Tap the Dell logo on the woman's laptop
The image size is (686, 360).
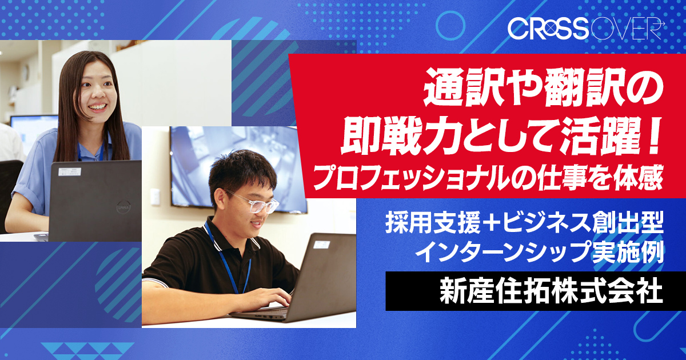tap(123, 207)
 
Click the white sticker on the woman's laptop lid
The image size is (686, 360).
tap(70, 172)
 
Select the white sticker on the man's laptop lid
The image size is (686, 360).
tap(321, 245)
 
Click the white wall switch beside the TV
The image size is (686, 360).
tap(155, 197)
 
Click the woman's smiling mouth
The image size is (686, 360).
tap(97, 107)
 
